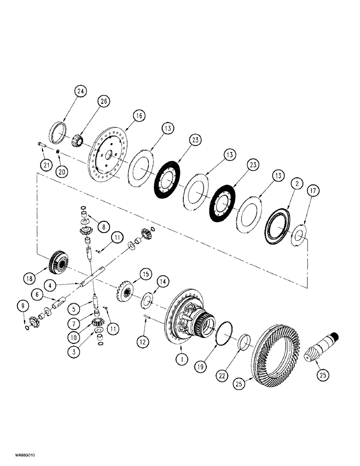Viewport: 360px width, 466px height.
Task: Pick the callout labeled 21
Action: tap(45, 164)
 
